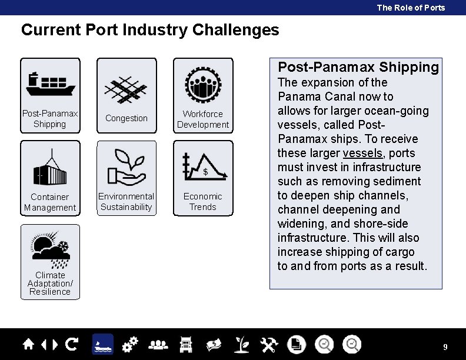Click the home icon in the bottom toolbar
pyautogui.click(x=28, y=344)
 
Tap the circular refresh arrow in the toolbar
pyautogui.click(x=72, y=344)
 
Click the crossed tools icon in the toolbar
pyautogui.click(x=269, y=344)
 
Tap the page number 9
pyautogui.click(x=445, y=347)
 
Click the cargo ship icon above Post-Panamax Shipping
pyautogui.click(x=50, y=84)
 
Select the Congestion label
pyautogui.click(x=127, y=118)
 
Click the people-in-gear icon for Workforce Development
pyautogui.click(x=203, y=84)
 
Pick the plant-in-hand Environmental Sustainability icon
pyautogui.click(x=127, y=166)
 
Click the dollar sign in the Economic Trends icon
pyautogui.click(x=205, y=172)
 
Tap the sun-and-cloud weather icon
pyautogui.click(x=51, y=249)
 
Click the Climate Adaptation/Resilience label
pyautogui.click(x=50, y=284)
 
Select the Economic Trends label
pyautogui.click(x=203, y=202)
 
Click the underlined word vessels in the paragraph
pyautogui.click(x=362, y=153)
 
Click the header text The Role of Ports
pyautogui.click(x=411, y=8)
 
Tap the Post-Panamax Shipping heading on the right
pyautogui.click(x=358, y=67)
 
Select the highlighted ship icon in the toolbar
pyautogui.click(x=102, y=344)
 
